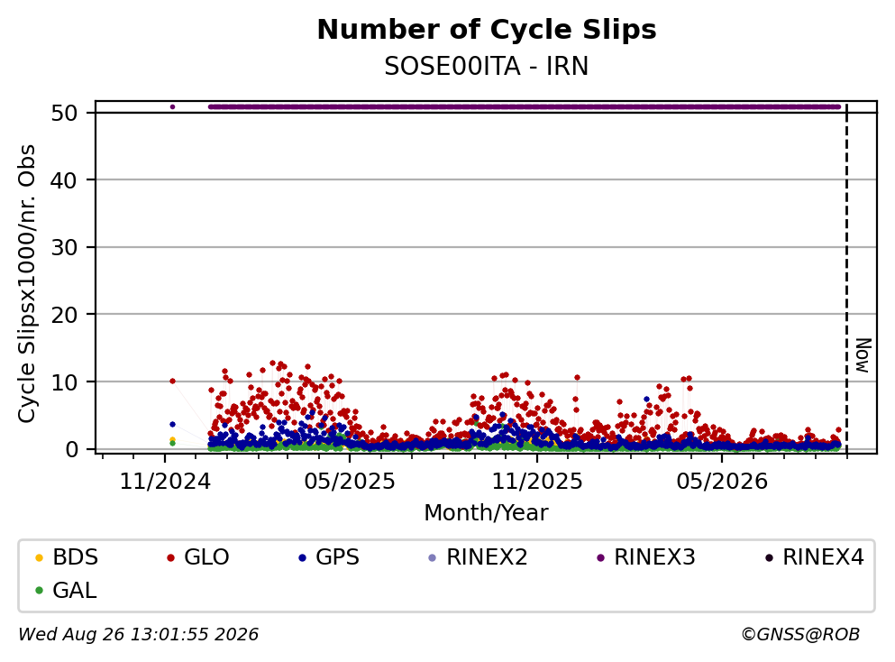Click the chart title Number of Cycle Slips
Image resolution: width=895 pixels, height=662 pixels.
click(487, 30)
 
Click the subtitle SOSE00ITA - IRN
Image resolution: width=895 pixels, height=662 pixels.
click(487, 67)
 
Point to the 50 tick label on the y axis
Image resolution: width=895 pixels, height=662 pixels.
click(64, 113)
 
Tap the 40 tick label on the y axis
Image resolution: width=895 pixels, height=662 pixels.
click(64, 180)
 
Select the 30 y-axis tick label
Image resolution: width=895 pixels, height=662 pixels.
click(64, 247)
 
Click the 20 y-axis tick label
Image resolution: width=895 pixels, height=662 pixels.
click(64, 315)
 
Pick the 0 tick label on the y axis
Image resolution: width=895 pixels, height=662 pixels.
click(71, 449)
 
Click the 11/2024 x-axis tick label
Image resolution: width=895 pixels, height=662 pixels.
click(165, 482)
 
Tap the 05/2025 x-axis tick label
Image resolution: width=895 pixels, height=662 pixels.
click(350, 482)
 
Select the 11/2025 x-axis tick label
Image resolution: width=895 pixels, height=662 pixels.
click(537, 482)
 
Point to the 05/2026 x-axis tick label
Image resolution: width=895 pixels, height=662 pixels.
click(722, 482)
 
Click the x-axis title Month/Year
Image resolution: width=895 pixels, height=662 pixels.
click(486, 513)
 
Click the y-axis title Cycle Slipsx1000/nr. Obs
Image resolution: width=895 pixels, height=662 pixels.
click(27, 284)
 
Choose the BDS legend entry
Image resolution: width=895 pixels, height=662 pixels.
click(67, 556)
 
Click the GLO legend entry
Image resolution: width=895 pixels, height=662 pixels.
click(198, 556)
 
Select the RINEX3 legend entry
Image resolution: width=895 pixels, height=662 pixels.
click(646, 556)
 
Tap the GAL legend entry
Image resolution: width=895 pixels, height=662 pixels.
click(66, 590)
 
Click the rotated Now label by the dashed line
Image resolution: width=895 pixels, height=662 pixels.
click(863, 355)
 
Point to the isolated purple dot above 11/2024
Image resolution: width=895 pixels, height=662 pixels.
click(172, 106)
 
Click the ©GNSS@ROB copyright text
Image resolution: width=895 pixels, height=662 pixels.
click(800, 634)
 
